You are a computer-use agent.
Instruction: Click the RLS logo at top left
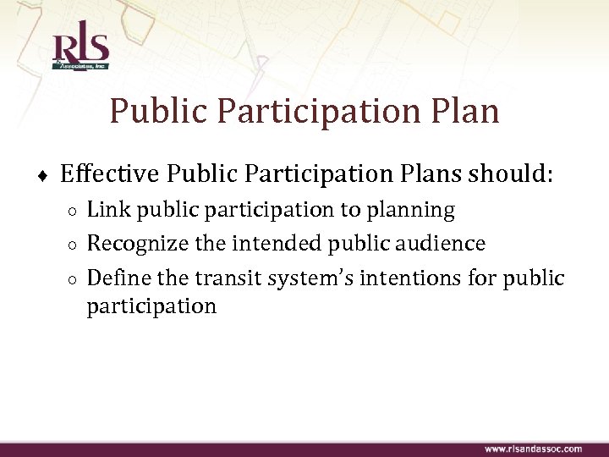coord(79,50)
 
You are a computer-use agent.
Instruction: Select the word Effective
coord(109,174)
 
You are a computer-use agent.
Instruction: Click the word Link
coord(105,209)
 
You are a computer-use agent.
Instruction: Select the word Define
coord(117,278)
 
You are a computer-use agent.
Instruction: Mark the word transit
coord(227,278)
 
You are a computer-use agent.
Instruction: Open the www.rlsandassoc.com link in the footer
coord(532,448)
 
